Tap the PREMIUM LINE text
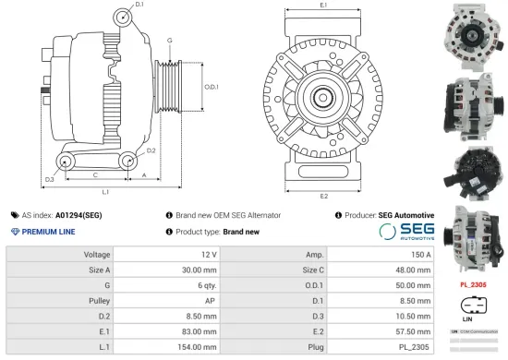[x=46, y=232]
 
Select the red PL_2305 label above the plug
[x=474, y=285]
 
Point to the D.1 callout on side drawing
[x=139, y=6]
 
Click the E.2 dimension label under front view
[x=323, y=196]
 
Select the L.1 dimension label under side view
[x=105, y=192]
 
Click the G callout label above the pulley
[x=169, y=41]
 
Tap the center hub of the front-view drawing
[x=323, y=97]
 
